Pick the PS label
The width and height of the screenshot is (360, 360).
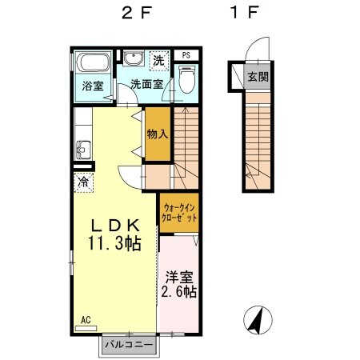tap(186, 55)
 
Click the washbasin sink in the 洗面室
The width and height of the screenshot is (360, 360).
tap(133, 58)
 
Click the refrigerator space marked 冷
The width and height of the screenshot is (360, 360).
tap(83, 183)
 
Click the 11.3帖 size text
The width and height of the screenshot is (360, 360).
tap(114, 243)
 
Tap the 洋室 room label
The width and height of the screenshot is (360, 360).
tap(178, 278)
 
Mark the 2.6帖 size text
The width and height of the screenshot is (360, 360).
tap(178, 294)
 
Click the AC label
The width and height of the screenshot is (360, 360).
tap(86, 320)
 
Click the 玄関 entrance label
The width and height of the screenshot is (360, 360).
tap(257, 78)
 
